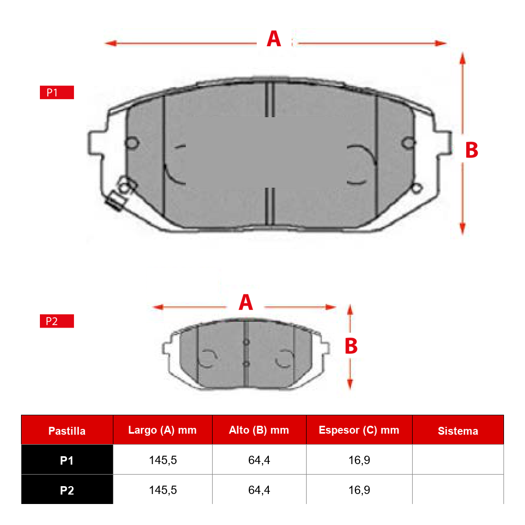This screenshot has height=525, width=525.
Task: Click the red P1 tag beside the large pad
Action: coord(57,92)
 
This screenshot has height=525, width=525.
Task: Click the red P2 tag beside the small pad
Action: coord(57,321)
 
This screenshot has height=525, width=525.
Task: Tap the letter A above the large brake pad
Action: coord(274,39)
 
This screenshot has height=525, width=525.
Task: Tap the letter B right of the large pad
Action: coord(472,150)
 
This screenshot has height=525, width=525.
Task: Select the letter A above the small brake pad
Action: coord(246,302)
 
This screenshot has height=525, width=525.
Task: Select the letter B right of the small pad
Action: coord(351,346)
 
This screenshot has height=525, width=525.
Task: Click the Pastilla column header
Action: coord(67,430)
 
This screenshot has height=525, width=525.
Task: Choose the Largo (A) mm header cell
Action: coord(163,430)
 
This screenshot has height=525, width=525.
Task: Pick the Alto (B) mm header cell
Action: coord(259,430)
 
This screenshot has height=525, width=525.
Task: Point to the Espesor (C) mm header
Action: coord(359,430)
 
